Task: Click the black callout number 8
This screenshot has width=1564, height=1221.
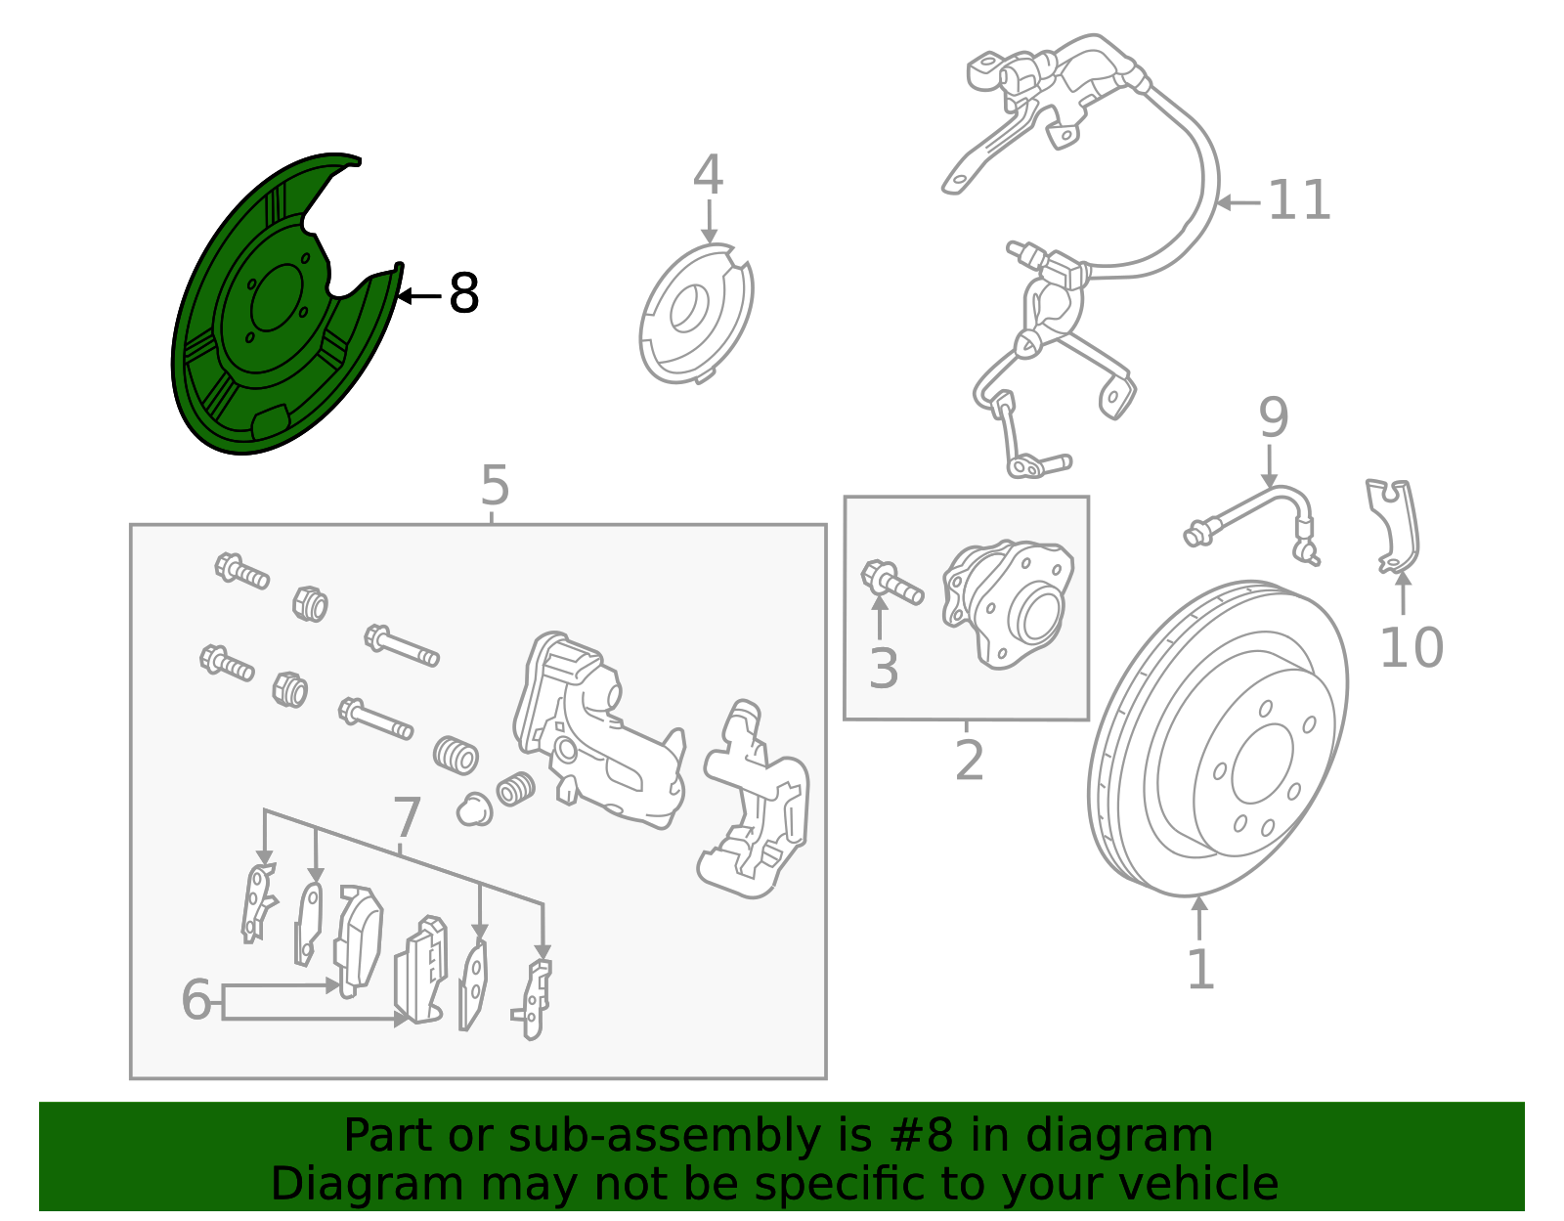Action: point(463,293)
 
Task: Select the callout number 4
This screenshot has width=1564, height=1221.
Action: point(708,176)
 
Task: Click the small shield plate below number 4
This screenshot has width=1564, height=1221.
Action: point(696,315)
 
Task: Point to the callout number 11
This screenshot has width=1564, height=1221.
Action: point(1299,200)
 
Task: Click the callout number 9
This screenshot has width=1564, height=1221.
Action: point(1273,418)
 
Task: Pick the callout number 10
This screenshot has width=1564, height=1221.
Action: point(1411,647)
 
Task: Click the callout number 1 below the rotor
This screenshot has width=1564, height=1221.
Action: point(1199,970)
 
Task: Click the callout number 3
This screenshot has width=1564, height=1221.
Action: point(883,669)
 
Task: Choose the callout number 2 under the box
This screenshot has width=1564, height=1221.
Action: point(969,761)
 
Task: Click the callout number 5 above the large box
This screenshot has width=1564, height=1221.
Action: point(495,486)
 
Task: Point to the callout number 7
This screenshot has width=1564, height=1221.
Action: point(407,817)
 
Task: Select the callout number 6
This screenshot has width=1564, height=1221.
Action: point(196,999)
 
